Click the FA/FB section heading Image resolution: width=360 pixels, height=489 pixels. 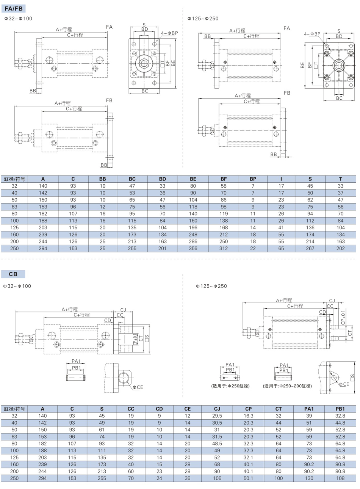point(14,9)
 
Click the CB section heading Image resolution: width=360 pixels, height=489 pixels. point(13,274)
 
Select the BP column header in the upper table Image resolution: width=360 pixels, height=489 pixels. point(253,179)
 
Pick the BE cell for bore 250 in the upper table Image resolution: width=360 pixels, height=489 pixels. point(193,248)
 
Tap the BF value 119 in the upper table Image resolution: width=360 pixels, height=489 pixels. point(224,214)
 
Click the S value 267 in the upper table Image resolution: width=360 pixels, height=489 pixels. point(310,248)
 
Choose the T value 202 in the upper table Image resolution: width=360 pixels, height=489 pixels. point(340,248)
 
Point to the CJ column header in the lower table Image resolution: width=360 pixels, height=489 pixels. point(217,409)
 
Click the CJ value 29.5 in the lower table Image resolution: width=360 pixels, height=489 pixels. point(217,416)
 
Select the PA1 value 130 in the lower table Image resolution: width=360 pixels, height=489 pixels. point(309,478)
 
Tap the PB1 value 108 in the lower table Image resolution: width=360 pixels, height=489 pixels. point(340,478)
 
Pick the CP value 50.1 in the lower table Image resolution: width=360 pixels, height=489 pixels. point(248,478)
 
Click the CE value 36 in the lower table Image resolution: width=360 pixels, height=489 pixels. point(188,478)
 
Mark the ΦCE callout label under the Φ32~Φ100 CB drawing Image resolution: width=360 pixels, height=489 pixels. point(138,387)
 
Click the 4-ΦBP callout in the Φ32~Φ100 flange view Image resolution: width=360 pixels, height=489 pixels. point(169,33)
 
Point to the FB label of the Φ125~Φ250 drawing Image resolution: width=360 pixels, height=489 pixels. point(287,93)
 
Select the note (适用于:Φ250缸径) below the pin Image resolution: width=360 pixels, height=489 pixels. point(230,386)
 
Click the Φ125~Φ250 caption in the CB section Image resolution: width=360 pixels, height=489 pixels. point(211,286)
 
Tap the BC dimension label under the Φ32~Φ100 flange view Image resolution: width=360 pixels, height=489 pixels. point(145,91)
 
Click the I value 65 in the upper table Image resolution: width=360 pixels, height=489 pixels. point(281,248)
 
